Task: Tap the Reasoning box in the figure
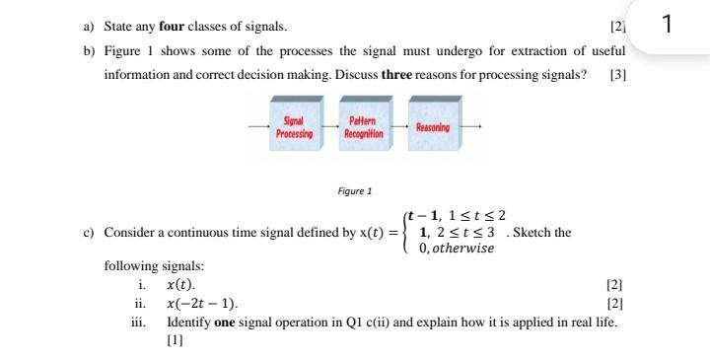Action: (x=433, y=128)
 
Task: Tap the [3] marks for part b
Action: (x=618, y=75)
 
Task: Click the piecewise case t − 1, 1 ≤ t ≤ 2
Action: (x=459, y=216)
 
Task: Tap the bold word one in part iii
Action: (x=224, y=323)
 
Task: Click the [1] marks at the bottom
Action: (x=175, y=340)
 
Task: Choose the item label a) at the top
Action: (x=87, y=25)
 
